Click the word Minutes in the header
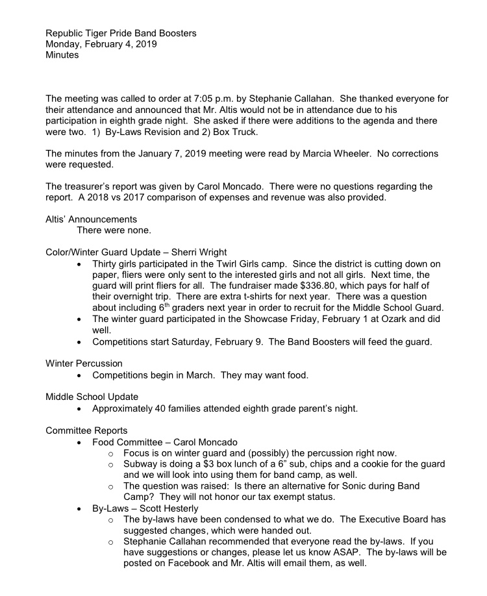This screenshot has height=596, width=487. click(x=62, y=55)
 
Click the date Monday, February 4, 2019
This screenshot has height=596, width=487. click(x=101, y=44)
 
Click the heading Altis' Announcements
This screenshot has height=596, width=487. click(x=91, y=219)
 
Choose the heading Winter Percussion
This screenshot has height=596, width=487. click(x=84, y=364)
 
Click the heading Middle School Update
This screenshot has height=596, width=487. click(x=91, y=397)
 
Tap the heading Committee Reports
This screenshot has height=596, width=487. click(x=86, y=430)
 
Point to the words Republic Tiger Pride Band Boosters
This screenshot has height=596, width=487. click(x=121, y=33)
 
